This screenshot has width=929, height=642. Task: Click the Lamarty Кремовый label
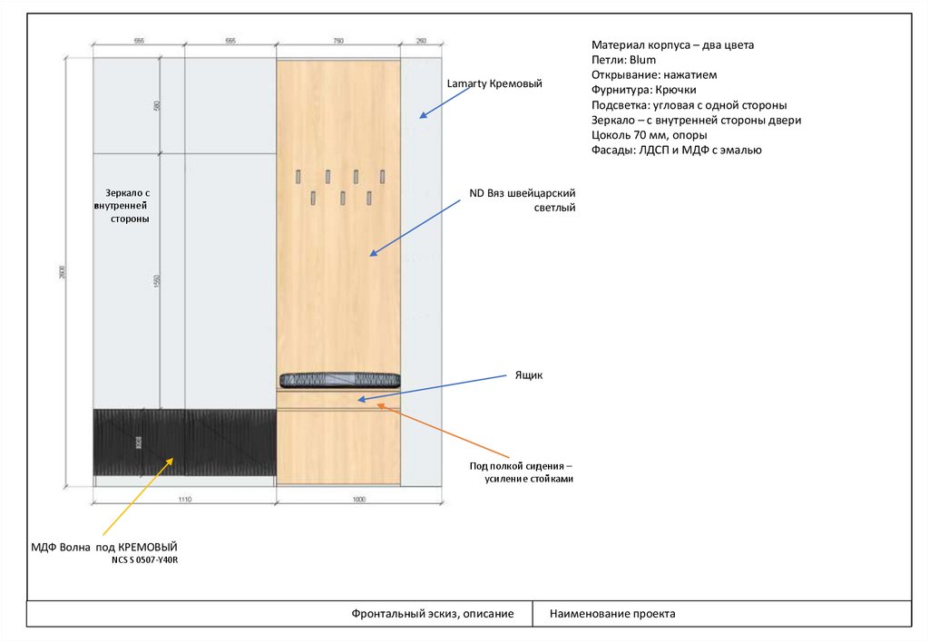click(x=494, y=84)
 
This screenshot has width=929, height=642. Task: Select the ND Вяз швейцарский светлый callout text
click(x=522, y=200)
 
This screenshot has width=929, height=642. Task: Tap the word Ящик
click(x=528, y=374)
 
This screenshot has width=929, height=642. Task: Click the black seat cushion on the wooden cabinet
click(x=339, y=379)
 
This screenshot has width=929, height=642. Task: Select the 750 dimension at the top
click(x=338, y=42)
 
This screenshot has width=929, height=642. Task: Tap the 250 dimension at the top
click(x=421, y=42)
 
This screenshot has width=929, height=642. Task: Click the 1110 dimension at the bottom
click(x=184, y=499)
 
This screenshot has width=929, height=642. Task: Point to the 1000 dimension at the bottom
click(x=358, y=499)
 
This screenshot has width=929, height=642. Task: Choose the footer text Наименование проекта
click(x=612, y=614)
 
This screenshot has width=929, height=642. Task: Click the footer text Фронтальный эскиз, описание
click(x=432, y=614)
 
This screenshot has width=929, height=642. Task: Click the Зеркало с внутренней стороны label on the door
click(x=127, y=206)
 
